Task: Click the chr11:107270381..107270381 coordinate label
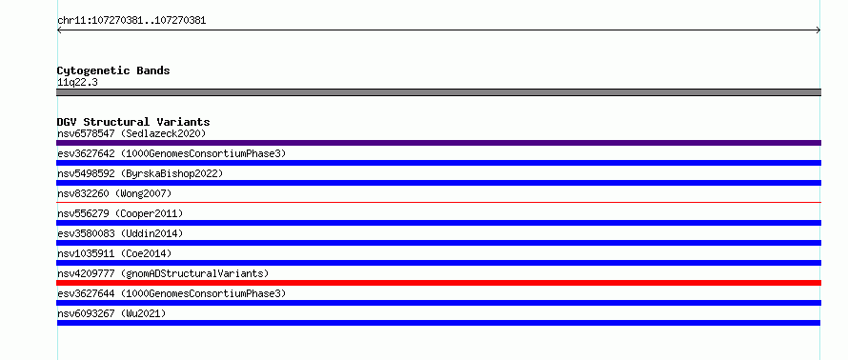(131, 21)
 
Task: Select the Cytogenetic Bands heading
(113, 70)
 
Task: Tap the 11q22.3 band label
(77, 83)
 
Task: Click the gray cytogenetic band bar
(438, 92)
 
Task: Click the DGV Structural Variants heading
(133, 122)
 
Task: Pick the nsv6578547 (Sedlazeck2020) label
(131, 133)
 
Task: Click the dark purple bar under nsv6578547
(438, 143)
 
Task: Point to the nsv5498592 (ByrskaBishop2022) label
(140, 173)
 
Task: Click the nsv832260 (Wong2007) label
(114, 193)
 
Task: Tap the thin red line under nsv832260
(438, 202)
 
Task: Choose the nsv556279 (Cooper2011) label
(120, 213)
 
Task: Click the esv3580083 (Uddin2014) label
(120, 233)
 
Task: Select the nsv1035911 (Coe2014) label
(114, 253)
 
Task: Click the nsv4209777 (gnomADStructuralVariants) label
(163, 273)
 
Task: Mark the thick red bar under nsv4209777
(438, 283)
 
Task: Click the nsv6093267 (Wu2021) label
(111, 313)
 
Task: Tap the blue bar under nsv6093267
(438, 323)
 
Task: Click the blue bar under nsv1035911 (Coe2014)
(438, 263)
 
